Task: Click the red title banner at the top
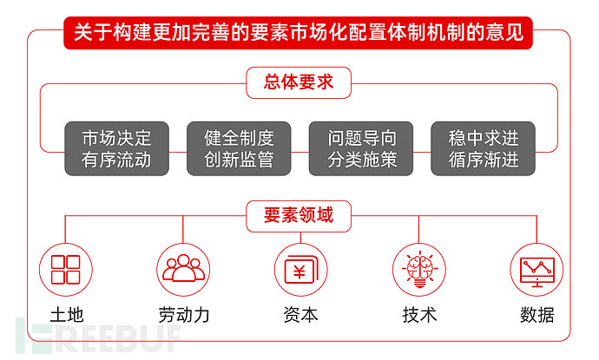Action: (x=299, y=34)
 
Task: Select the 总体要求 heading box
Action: (x=299, y=83)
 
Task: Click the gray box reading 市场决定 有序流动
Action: (x=116, y=148)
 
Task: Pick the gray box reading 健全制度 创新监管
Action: (x=239, y=148)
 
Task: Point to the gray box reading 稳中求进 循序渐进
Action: (x=484, y=148)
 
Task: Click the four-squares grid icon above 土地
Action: (x=66, y=269)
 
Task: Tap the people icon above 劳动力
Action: (x=183, y=269)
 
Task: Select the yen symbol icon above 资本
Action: (x=300, y=269)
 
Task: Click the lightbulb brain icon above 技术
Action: (x=419, y=269)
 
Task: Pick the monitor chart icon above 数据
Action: (x=536, y=269)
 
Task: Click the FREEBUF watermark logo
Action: (x=104, y=336)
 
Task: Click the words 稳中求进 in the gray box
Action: (x=484, y=138)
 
